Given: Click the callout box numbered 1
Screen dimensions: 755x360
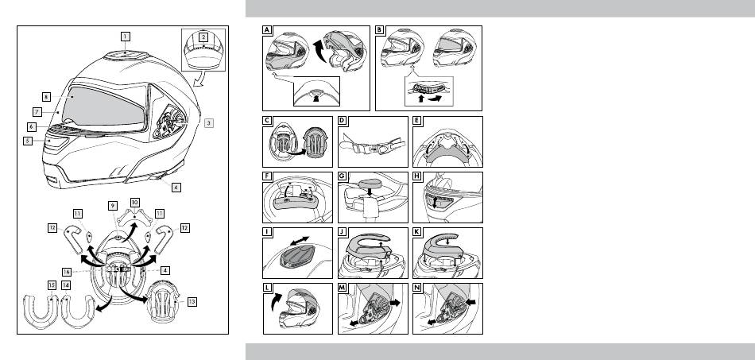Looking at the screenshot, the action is pos(126,36).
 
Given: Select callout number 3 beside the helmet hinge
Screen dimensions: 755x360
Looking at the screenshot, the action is pos(208,122).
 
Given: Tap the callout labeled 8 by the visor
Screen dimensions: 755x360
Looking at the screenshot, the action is pos(46,97).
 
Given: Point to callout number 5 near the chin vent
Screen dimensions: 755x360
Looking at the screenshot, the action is pos(29,141).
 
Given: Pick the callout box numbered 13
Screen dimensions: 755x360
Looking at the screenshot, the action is pos(192,302).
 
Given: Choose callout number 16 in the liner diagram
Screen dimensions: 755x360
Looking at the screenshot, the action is pos(67,272).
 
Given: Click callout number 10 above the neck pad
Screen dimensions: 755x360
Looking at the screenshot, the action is pos(135,202).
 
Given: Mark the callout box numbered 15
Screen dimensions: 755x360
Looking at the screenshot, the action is pos(52,285).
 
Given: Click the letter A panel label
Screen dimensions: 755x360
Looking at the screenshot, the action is pos(267,30).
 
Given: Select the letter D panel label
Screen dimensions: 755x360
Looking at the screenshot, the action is pos(343,120).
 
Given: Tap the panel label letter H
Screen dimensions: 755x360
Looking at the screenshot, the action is pos(417,176).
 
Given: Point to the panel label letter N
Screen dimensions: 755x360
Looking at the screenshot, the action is pos(417,288).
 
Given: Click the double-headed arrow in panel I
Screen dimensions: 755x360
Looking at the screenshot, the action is pos(299,240).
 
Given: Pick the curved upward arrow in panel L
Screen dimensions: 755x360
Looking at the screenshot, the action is pos(276,303).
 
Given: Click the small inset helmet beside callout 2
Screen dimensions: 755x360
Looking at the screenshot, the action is pos(203,49).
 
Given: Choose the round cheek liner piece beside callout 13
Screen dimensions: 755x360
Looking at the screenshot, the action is pos(162,301).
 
